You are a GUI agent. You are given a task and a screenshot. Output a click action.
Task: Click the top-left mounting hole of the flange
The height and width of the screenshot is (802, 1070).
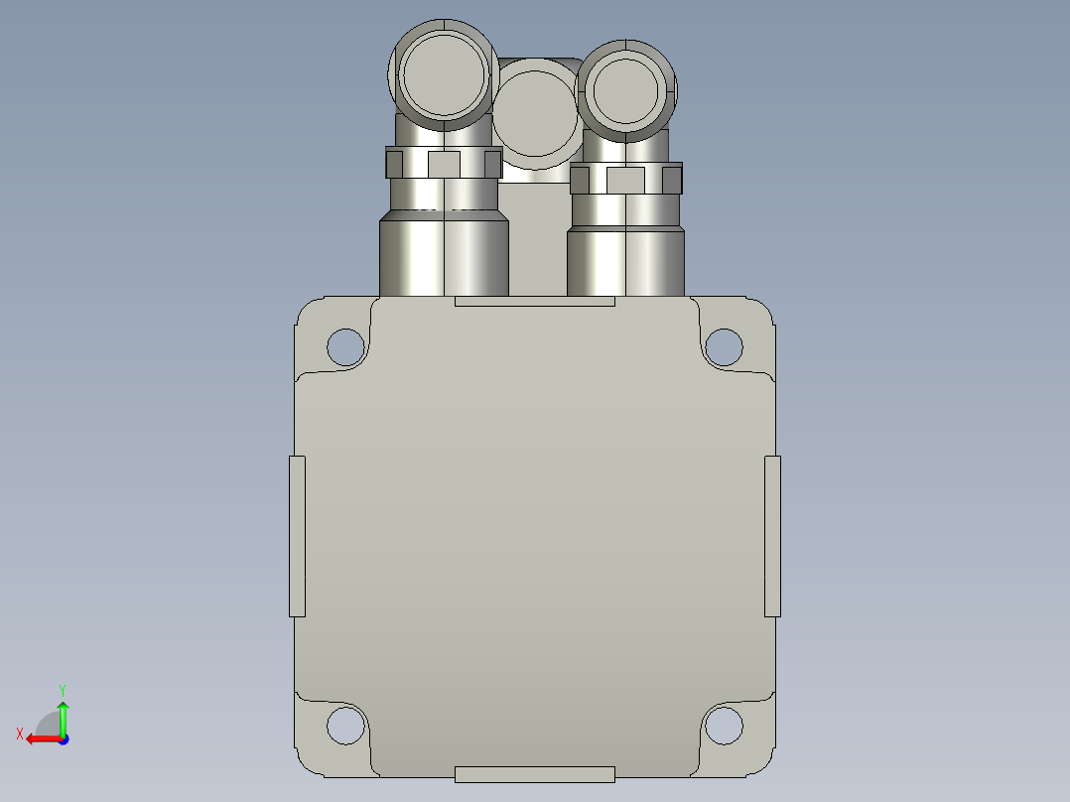point(346,347)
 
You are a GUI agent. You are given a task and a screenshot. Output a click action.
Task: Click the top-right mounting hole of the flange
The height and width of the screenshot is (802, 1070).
point(724,347)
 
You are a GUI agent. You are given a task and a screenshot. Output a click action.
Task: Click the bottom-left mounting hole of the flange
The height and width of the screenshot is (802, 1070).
point(346,725)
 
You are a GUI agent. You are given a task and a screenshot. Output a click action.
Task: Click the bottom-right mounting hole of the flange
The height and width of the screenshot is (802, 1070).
point(724,725)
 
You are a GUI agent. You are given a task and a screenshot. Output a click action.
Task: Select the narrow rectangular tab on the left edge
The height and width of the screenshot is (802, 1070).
point(297,537)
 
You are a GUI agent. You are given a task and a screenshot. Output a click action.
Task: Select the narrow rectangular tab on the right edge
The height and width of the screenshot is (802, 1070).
point(772,537)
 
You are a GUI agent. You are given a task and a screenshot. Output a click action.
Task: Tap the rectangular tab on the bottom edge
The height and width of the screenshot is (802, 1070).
point(535,774)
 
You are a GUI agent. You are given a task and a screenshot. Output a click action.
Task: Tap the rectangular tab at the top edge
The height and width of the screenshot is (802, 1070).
point(535,301)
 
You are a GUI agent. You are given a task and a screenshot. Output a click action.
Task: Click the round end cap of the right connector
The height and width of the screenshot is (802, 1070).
point(625,90)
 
